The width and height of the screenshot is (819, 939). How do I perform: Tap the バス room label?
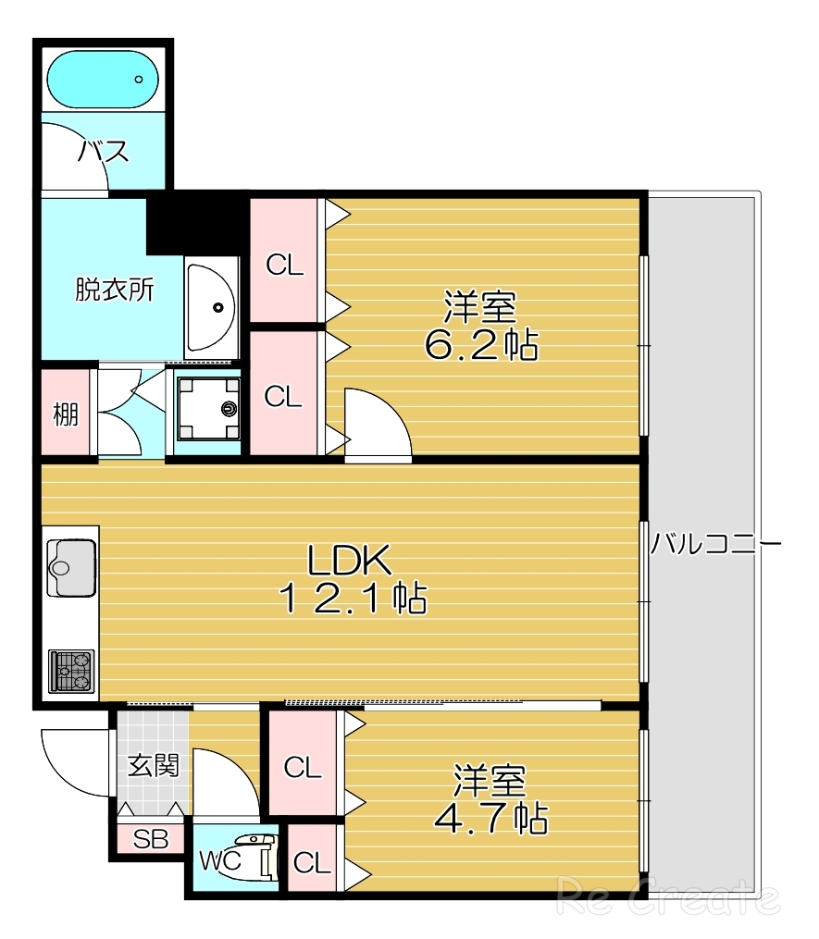point(103,152)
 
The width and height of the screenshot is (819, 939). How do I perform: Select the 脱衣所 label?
point(115,290)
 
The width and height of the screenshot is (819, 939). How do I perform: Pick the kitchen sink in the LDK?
point(71,566)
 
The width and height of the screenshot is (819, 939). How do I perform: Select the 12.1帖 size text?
point(353,599)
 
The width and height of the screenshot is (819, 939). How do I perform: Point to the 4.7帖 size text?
point(490,819)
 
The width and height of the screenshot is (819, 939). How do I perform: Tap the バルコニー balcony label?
point(715,544)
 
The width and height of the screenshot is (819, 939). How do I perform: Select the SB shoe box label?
point(151,839)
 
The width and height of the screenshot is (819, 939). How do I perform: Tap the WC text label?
point(220,860)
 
